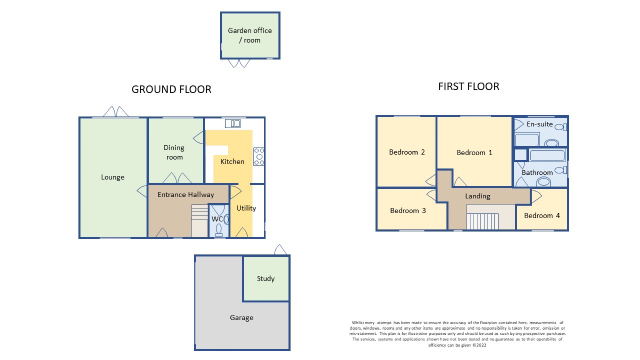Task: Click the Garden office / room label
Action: (250, 35)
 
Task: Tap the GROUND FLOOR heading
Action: (172, 89)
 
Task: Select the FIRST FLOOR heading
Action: (468, 86)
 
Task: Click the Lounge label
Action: (113, 177)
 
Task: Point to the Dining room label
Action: (174, 152)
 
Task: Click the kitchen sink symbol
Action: (233, 124)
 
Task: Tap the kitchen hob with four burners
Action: (259, 156)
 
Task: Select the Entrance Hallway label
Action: (186, 195)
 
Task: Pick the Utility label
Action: (246, 208)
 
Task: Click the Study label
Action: (266, 278)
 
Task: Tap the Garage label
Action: (242, 318)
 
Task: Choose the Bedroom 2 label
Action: (407, 152)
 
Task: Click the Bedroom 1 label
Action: (474, 152)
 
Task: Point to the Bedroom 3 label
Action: (408, 211)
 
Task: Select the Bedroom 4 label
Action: (542, 215)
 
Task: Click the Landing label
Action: (477, 196)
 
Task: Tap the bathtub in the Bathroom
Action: (547, 156)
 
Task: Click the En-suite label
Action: (540, 124)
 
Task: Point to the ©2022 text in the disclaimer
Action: (479, 345)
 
